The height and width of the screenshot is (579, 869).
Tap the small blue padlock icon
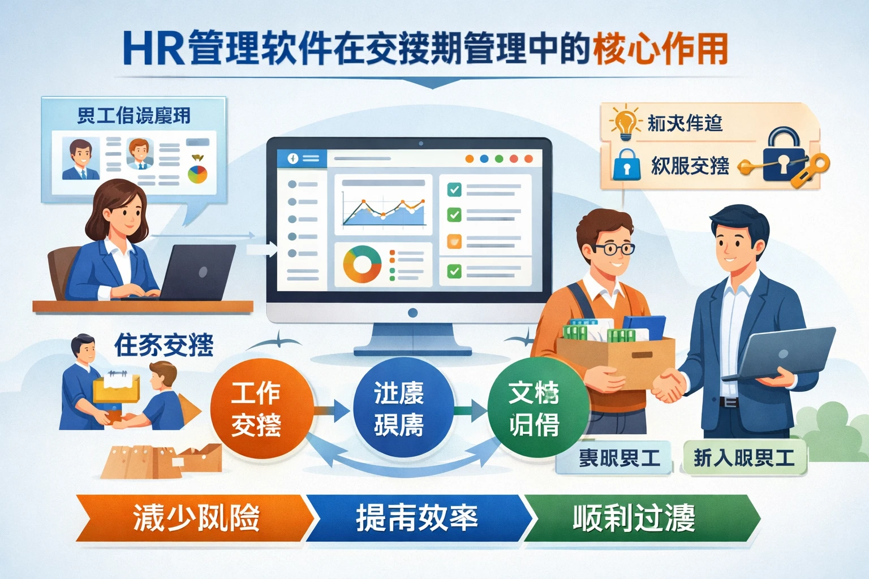coord(626,165)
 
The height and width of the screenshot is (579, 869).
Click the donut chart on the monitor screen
coord(362,264)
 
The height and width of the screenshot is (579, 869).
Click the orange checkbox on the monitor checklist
coord(454,241)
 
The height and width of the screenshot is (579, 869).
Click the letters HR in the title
coord(153,49)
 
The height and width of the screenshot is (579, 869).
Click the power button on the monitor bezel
coord(412,313)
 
